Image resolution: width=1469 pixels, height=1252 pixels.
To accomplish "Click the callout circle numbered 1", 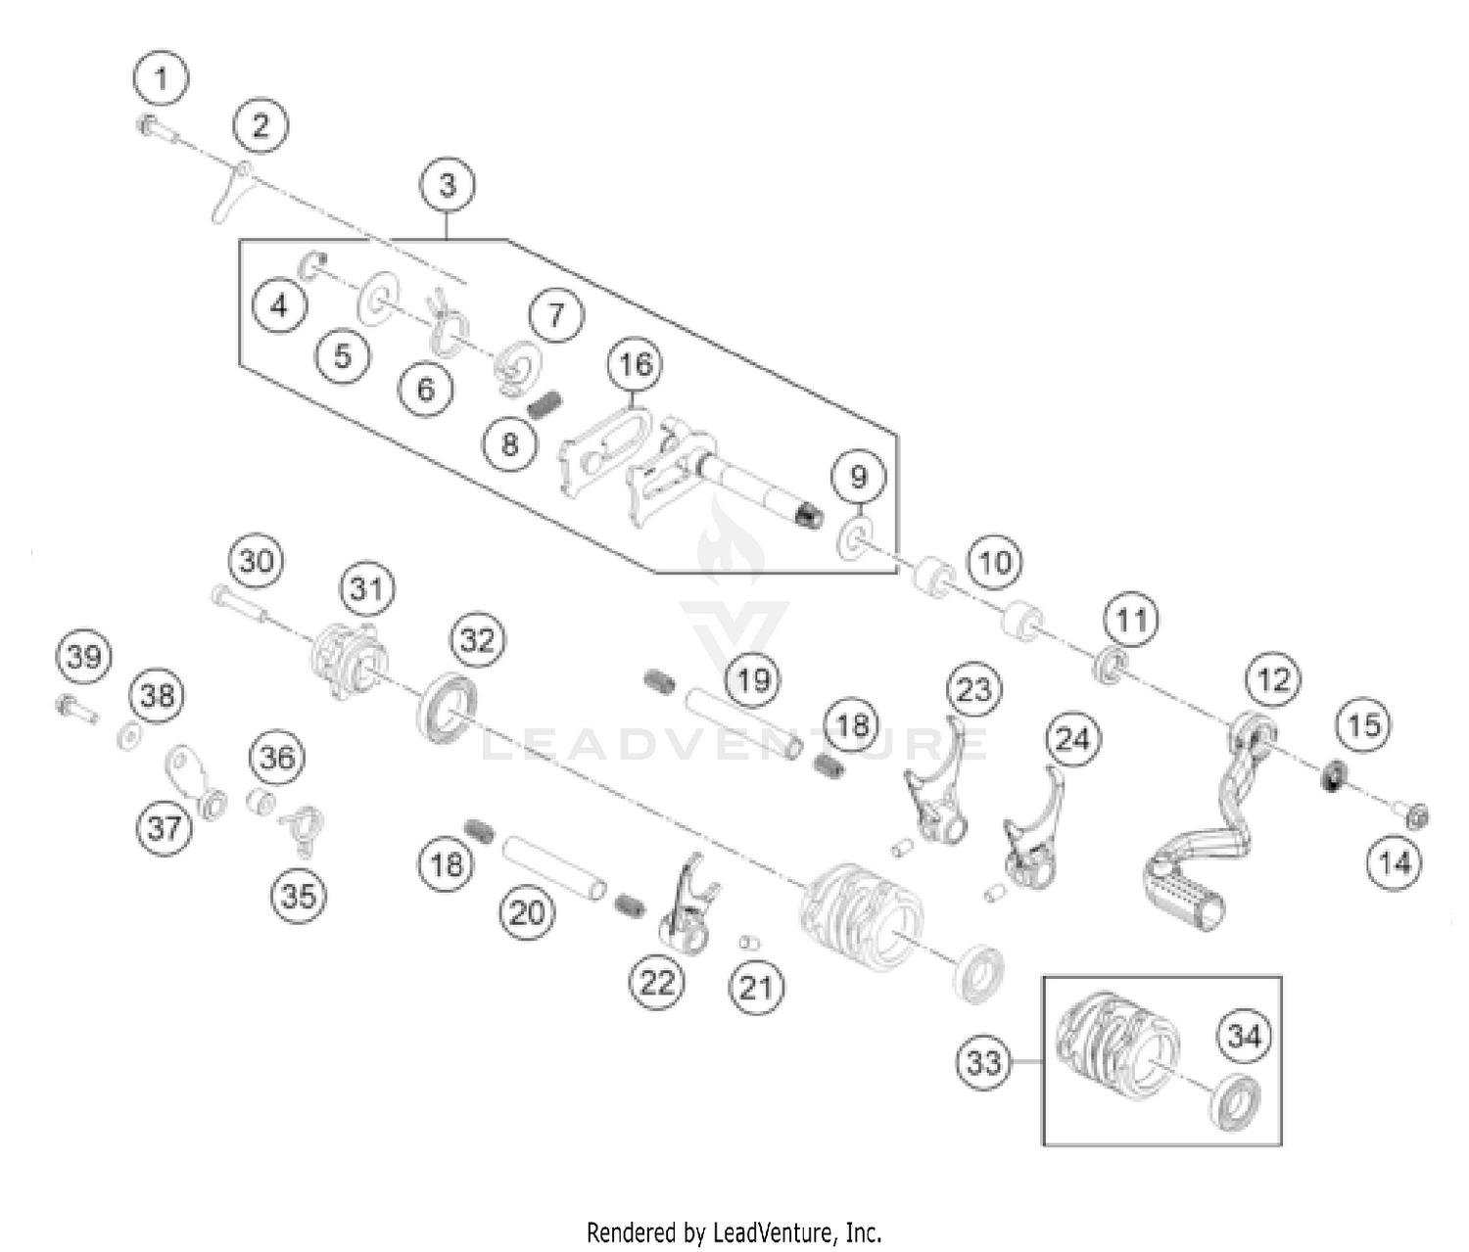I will point(162,77).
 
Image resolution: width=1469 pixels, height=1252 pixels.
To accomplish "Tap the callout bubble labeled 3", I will point(448,185).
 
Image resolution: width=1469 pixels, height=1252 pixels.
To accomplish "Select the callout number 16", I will point(635,365).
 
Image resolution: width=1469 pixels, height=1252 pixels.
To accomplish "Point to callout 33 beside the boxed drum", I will point(983,1062).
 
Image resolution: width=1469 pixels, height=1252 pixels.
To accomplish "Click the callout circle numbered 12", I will point(1273,679).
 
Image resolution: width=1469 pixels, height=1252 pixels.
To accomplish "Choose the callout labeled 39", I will point(84,656).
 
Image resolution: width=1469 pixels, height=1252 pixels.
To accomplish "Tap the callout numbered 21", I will point(756,987).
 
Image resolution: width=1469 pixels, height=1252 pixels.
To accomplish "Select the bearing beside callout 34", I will point(1236,1101).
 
